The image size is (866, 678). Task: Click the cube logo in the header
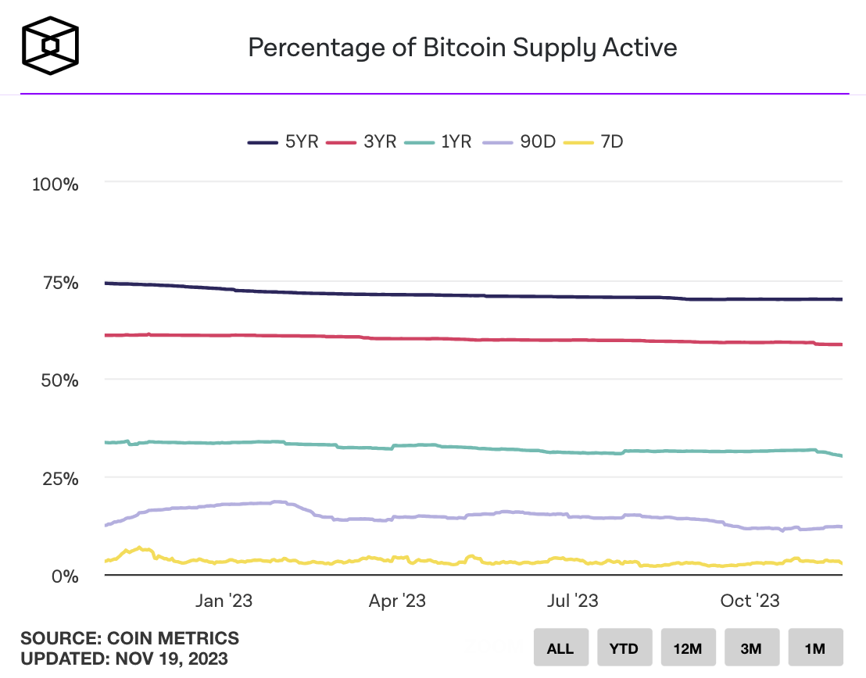click(x=51, y=47)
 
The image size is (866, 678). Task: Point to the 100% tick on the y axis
click(x=55, y=185)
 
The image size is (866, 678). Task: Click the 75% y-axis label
click(x=59, y=283)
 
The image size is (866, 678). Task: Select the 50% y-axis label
click(x=59, y=380)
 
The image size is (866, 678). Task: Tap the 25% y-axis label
click(x=59, y=478)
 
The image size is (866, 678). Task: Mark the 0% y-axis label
click(x=66, y=576)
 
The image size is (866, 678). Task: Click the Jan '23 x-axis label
click(x=224, y=601)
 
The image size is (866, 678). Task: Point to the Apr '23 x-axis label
click(x=397, y=601)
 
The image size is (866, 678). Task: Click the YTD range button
click(x=624, y=648)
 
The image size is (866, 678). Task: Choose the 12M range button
click(x=688, y=648)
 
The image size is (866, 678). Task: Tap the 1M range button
click(x=815, y=648)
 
